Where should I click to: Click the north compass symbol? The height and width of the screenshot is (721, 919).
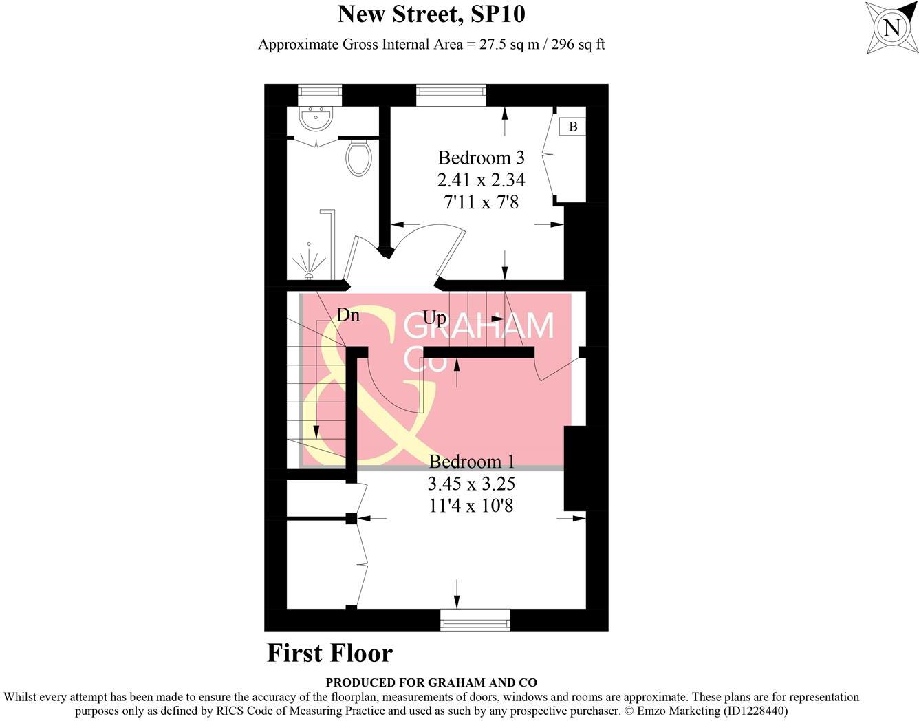click(x=891, y=28)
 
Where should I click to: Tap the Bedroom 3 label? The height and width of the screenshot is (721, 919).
click(x=481, y=158)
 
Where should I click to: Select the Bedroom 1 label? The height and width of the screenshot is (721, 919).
click(x=471, y=461)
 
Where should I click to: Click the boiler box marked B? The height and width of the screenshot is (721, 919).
click(x=572, y=127)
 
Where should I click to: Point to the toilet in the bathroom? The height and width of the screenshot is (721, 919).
click(x=358, y=158)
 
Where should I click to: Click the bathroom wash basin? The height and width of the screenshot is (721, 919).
click(x=316, y=118)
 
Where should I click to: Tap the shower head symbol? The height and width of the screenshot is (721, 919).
click(x=308, y=265)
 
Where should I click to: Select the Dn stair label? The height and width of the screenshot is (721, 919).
click(x=348, y=315)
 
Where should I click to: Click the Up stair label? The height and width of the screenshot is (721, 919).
click(x=434, y=318)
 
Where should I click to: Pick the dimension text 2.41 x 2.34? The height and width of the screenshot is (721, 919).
click(x=481, y=180)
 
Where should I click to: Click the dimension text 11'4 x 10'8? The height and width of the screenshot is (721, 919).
click(x=471, y=506)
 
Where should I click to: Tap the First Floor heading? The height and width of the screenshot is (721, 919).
click(x=329, y=653)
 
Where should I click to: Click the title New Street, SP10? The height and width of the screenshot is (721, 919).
click(x=431, y=14)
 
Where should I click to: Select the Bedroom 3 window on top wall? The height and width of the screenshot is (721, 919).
click(x=451, y=95)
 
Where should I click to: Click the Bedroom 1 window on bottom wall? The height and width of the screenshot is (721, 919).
click(x=475, y=619)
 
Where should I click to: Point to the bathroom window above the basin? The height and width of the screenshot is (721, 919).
click(x=320, y=95)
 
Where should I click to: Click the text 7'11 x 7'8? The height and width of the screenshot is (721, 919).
click(x=481, y=202)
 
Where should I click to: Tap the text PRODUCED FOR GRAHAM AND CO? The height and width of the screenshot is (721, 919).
click(x=431, y=682)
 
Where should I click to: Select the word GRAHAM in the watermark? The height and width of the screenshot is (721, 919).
click(x=479, y=326)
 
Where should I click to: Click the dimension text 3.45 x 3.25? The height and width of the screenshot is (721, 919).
click(x=471, y=484)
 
